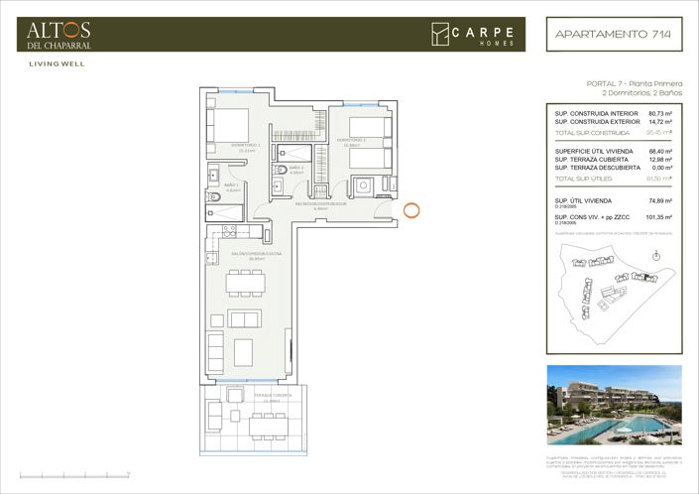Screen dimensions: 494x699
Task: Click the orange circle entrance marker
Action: pyautogui.click(x=414, y=210)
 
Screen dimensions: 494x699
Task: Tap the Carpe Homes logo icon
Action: pyautogui.click(x=439, y=34)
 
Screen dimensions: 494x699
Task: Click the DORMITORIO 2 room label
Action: pyautogui.click(x=352, y=140)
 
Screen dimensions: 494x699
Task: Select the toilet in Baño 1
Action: pyautogui.click(x=215, y=176)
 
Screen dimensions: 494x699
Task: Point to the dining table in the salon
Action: pyautogui.click(x=245, y=283)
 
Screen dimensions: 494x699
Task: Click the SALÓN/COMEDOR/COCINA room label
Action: pyautogui.click(x=238, y=256)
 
